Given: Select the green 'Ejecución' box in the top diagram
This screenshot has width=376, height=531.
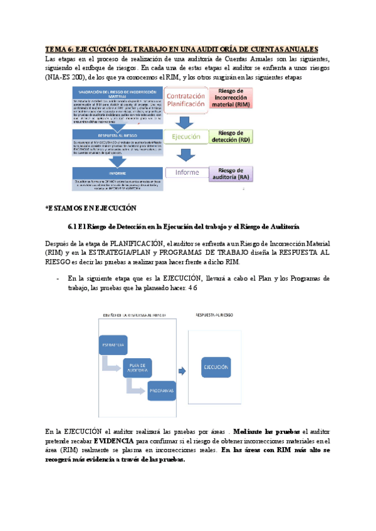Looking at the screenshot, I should [183, 135].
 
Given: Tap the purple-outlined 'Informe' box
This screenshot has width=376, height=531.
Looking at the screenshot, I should [187, 173].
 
